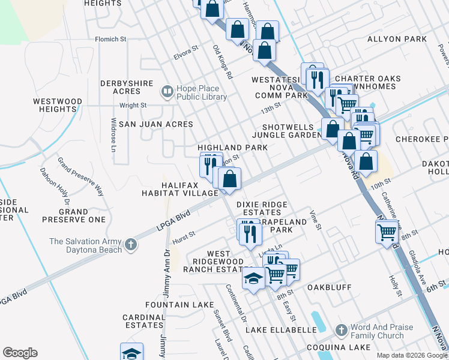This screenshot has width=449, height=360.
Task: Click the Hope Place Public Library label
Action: point(201,92)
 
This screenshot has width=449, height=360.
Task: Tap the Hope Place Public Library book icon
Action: point(167,92)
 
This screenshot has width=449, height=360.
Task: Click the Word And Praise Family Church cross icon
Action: point(341,331)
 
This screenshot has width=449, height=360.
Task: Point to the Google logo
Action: point(20,353)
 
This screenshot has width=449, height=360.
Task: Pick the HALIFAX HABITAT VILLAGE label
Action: point(179,189)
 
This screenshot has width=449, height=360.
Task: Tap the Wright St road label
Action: point(133,105)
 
